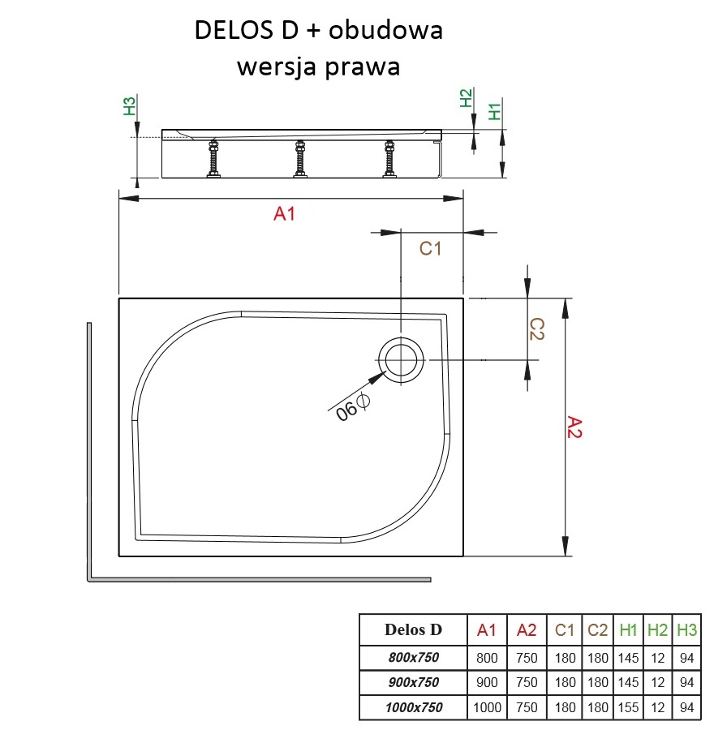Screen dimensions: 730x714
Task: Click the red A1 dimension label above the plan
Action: pyautogui.click(x=284, y=214)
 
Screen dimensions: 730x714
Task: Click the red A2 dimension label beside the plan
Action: pyautogui.click(x=574, y=427)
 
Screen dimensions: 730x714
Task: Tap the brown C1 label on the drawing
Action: pyautogui.click(x=429, y=249)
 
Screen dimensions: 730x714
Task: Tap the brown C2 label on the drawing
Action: pyautogui.click(x=536, y=328)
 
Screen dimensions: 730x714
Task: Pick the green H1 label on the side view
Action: pyautogui.click(x=495, y=111)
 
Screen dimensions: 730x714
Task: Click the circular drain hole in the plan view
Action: pyautogui.click(x=401, y=359)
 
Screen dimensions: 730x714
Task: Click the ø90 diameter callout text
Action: pyautogui.click(x=353, y=407)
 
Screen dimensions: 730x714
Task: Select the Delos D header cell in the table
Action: pyautogui.click(x=413, y=629)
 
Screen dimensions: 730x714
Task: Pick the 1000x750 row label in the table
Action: pyautogui.click(x=413, y=706)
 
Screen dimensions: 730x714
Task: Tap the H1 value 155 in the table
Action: pyautogui.click(x=627, y=706)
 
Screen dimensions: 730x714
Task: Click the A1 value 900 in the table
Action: pyautogui.click(x=487, y=681)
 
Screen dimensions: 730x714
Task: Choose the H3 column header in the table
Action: pyautogui.click(x=686, y=629)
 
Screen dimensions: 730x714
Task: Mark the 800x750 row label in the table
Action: pyautogui.click(x=413, y=657)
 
